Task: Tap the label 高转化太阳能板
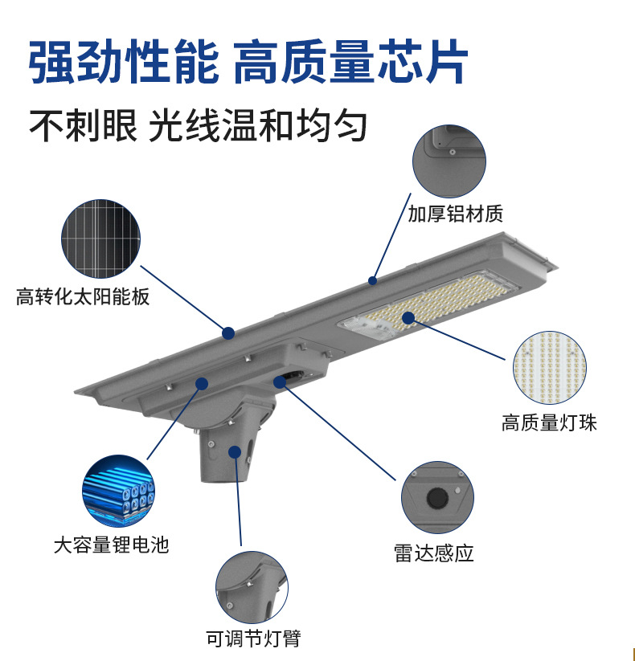click(x=83, y=297)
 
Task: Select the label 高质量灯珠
click(x=550, y=423)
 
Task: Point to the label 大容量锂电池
click(x=112, y=545)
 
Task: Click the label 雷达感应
click(x=434, y=553)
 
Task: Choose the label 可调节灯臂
click(x=253, y=639)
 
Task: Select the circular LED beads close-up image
click(x=550, y=367)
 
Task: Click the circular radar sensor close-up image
click(x=437, y=498)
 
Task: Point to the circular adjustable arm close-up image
click(x=252, y=587)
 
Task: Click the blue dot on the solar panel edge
click(x=228, y=332)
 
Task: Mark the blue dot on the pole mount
click(x=235, y=451)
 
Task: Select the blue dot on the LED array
click(x=408, y=318)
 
